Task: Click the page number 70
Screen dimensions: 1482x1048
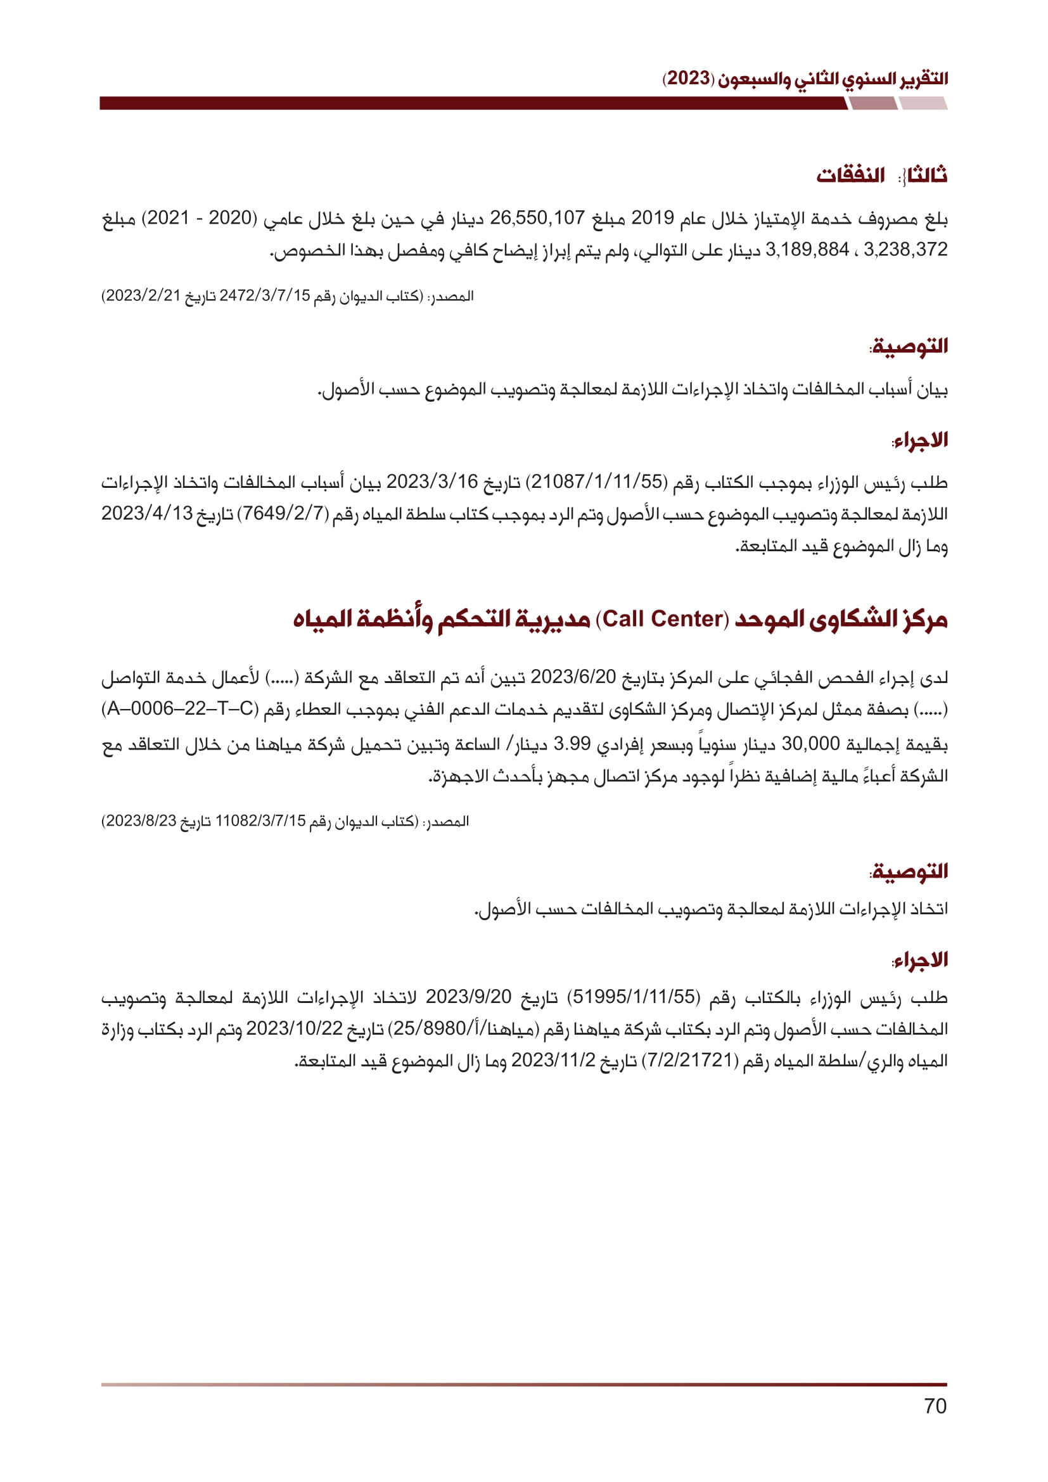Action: pos(935,1406)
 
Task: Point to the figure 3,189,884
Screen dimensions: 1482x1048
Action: pos(807,250)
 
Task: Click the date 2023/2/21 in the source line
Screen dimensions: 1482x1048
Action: pos(143,297)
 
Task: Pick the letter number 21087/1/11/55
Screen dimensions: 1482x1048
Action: pos(598,482)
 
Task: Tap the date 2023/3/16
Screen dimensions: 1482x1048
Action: pos(432,482)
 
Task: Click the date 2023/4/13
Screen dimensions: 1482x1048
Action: pos(147,514)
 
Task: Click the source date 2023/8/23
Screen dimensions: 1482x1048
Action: pos(140,821)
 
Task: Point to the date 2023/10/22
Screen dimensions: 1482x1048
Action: pos(294,1029)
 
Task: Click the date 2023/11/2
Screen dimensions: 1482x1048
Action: pos(553,1061)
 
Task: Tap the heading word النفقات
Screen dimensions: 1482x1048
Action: pos(850,176)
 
